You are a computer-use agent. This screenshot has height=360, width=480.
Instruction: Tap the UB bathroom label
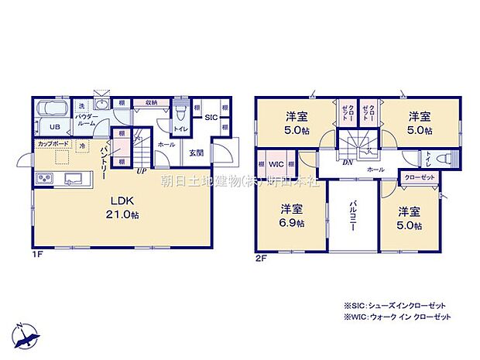coord(55,127)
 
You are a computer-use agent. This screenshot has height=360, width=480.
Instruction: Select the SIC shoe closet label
coord(211,117)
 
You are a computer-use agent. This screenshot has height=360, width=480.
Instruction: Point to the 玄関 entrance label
coord(196,152)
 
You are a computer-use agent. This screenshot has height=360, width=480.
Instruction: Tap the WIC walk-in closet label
coord(275,164)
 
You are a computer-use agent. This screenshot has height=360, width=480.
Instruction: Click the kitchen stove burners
coord(43,180)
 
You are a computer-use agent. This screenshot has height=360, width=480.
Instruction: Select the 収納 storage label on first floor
coord(150,102)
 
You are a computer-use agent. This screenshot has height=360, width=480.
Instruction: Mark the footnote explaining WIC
coord(391,317)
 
